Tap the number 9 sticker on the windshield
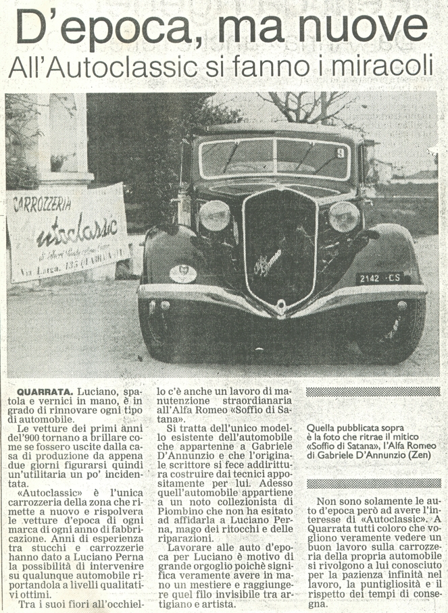(x=341, y=153)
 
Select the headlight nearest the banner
(x=215, y=215)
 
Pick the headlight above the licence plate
(x=344, y=217)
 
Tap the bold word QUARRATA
(x=45, y=392)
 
